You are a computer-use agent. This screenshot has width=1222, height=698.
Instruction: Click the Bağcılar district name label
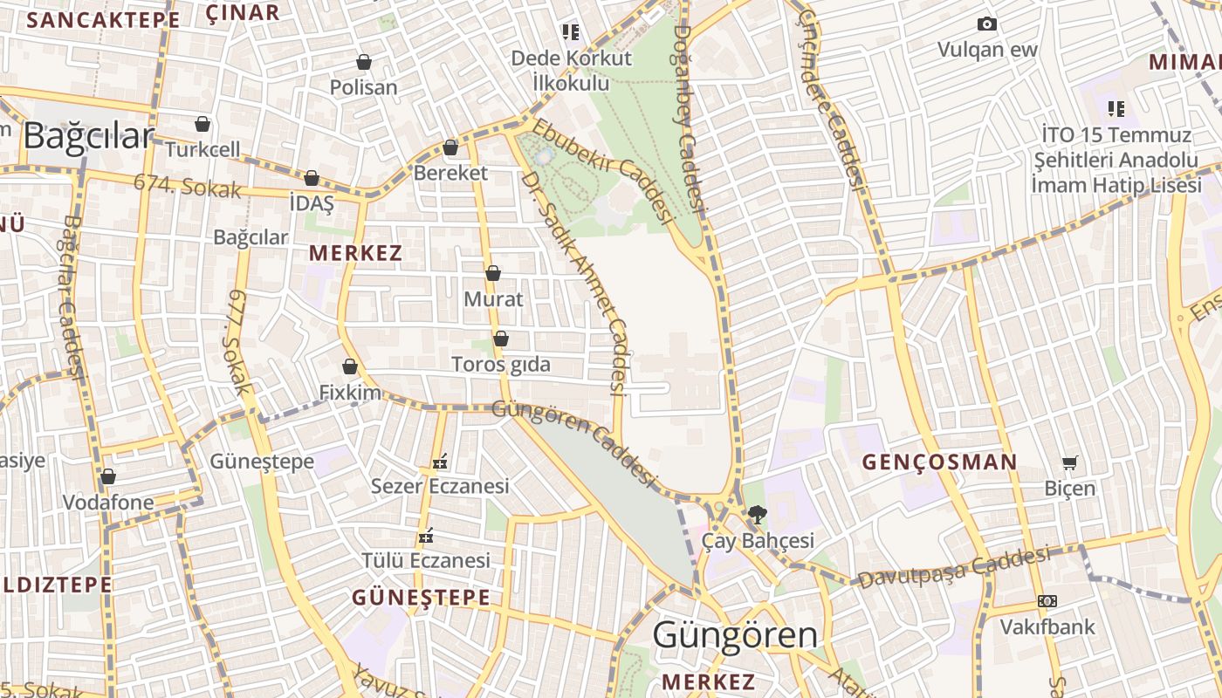pos(88,137)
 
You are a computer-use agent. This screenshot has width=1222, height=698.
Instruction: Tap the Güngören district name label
pos(735,635)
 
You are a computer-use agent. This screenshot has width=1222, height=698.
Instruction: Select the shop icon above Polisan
pos(364,62)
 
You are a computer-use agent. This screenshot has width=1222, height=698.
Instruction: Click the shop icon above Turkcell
pos(203,124)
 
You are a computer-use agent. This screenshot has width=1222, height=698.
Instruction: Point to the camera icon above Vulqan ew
pos(987,24)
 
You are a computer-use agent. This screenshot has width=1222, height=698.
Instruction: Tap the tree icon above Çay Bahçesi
pos(757,515)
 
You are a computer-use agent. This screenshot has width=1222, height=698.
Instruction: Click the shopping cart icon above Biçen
pos(1069,462)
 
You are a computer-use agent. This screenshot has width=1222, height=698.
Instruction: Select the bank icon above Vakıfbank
pos(1047,601)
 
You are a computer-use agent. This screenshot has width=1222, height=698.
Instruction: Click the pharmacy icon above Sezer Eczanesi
pos(440,461)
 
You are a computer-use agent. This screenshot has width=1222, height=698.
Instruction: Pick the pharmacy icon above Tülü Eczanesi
pos(426,535)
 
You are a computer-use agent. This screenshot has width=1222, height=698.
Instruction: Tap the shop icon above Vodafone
pos(108,476)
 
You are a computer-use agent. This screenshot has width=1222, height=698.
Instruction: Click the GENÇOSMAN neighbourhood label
pos(940,462)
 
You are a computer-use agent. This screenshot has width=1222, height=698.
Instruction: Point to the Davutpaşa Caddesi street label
pos(953,568)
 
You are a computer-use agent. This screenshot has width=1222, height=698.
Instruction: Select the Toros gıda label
pos(501,364)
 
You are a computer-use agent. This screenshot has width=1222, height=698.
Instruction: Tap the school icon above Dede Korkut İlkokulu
pos(571,33)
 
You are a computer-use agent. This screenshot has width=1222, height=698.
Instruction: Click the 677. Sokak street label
pos(238,342)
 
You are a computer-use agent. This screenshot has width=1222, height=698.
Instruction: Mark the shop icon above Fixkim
pos(350,366)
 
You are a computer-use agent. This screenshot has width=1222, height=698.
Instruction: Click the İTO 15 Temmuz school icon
pos(1116,109)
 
